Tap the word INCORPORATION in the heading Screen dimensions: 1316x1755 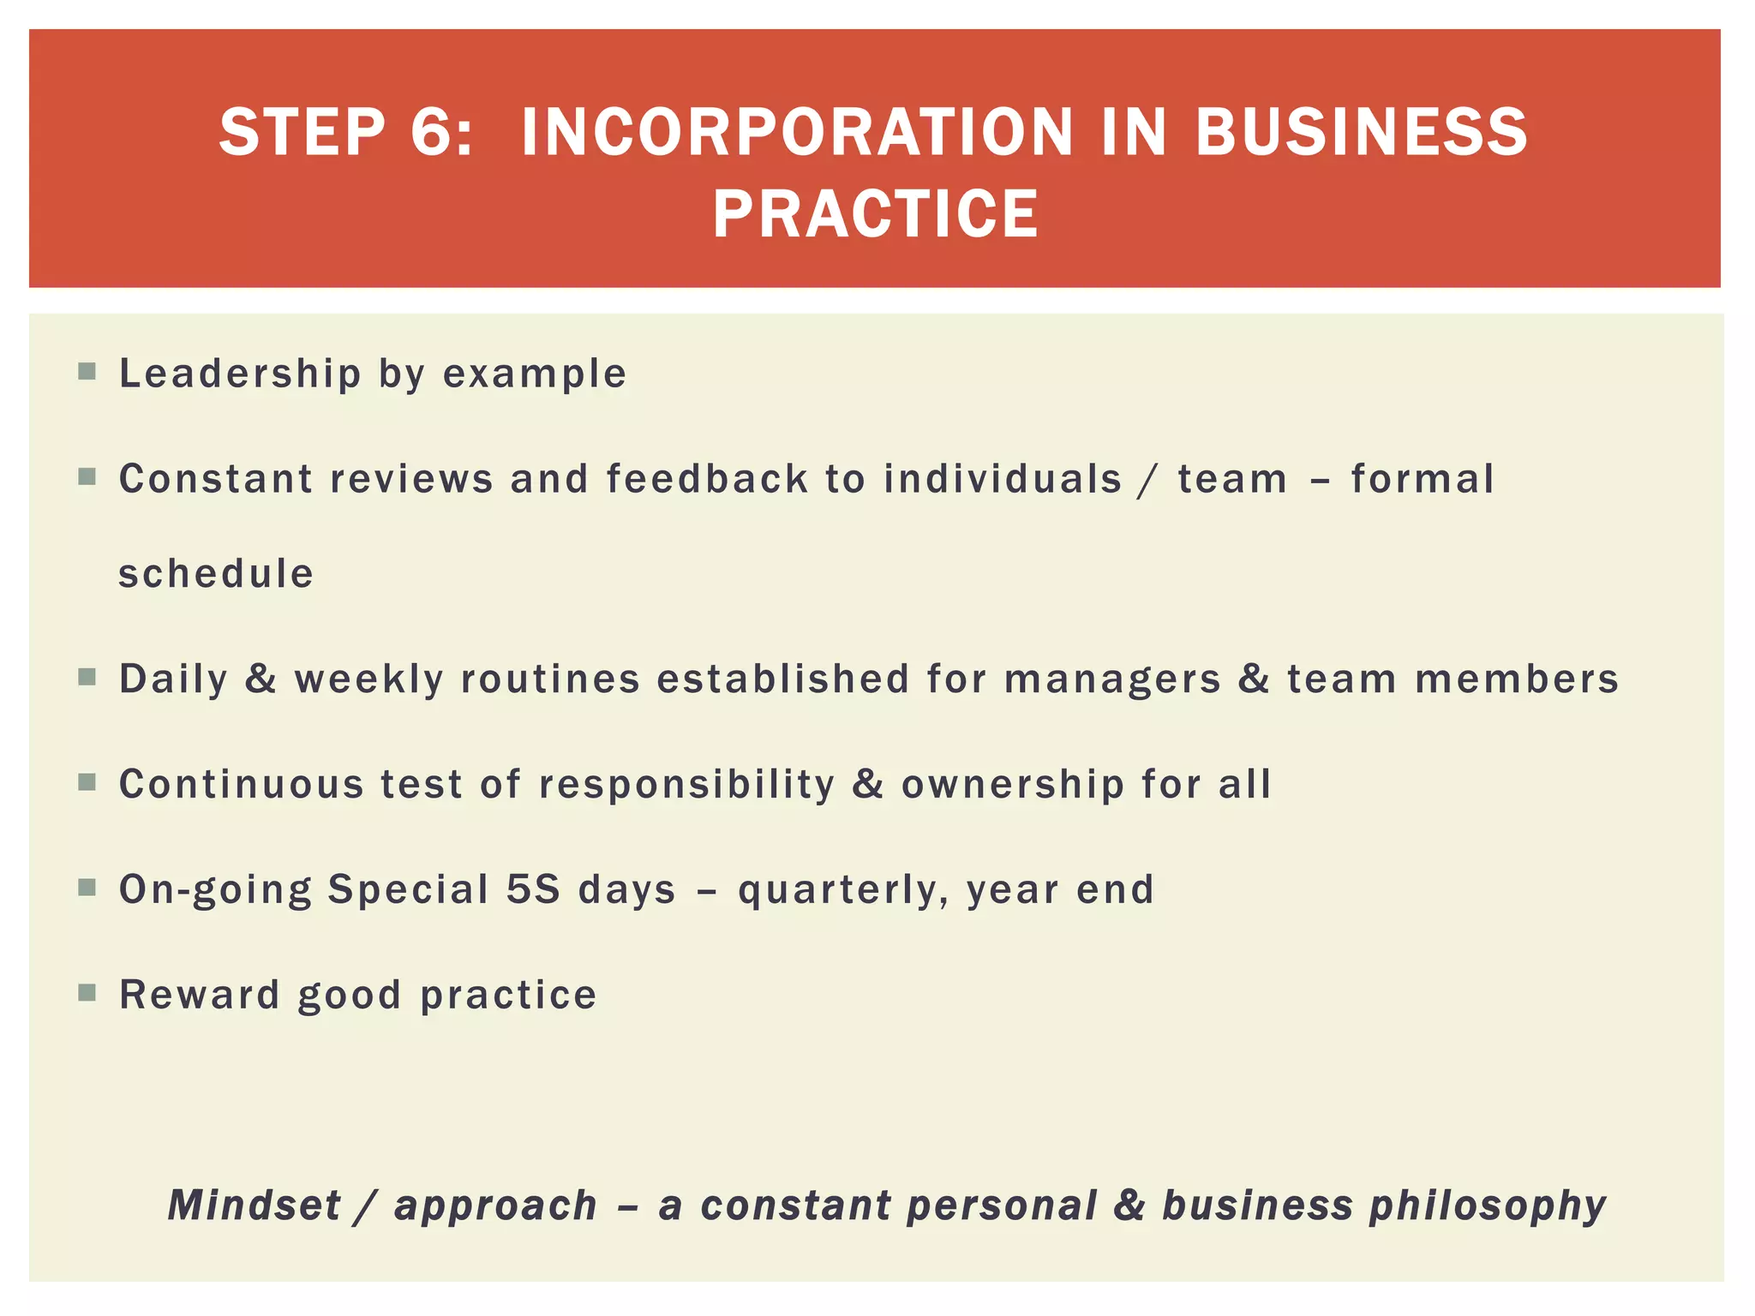[797, 133]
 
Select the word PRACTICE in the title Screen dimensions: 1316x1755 [876, 214]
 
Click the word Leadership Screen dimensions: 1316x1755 [240, 374]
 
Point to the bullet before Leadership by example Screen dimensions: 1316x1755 [87, 372]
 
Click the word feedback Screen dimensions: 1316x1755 [707, 479]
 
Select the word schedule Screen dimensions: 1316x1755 [216, 574]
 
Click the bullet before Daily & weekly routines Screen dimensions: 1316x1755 [87, 678]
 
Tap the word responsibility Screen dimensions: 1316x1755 [686, 785]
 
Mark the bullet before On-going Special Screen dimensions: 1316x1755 [87, 888]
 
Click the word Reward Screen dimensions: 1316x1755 [200, 995]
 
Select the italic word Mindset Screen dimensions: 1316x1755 [255, 1205]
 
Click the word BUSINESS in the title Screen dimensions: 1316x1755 [1361, 133]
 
